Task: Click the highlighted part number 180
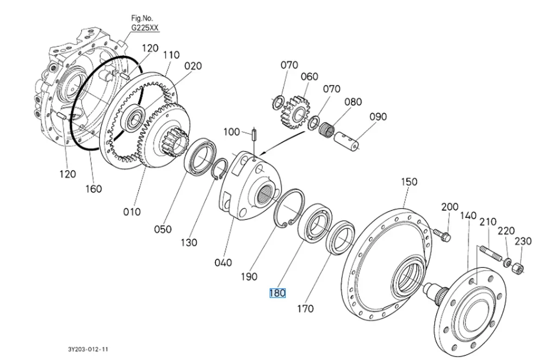click(x=278, y=293)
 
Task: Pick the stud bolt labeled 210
click(x=493, y=255)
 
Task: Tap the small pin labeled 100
click(x=254, y=136)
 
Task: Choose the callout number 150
click(x=409, y=181)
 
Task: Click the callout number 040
click(x=223, y=263)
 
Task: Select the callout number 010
click(x=132, y=212)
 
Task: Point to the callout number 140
click(x=468, y=215)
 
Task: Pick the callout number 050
click(x=163, y=229)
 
